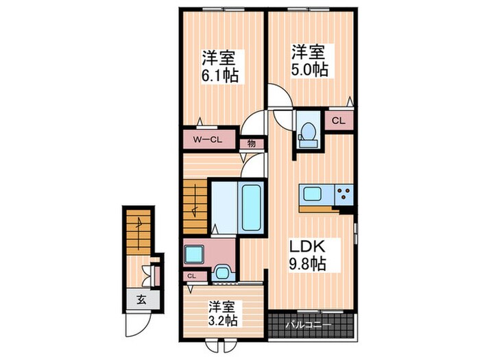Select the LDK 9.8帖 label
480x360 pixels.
[305, 254]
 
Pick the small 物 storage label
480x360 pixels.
[252, 144]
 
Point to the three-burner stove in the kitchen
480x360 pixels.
[344, 194]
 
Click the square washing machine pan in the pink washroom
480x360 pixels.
[193, 254]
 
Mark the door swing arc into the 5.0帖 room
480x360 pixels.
[280, 96]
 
